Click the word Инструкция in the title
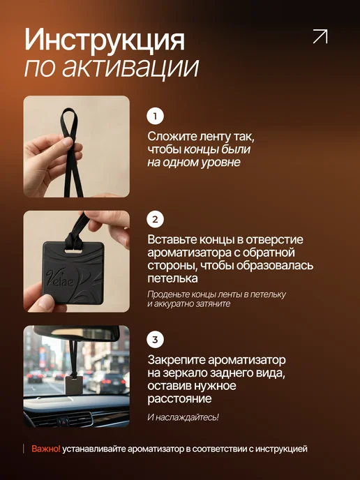(x=105, y=40)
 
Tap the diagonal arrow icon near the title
(x=320, y=36)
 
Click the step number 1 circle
(x=155, y=116)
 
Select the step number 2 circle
(x=155, y=219)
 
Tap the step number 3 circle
(x=155, y=340)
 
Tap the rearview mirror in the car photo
(x=77, y=333)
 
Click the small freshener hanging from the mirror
(x=74, y=385)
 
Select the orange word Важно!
(x=46, y=449)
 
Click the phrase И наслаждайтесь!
(x=183, y=417)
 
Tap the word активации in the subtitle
(x=130, y=67)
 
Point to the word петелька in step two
(x=172, y=278)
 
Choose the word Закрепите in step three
(x=177, y=360)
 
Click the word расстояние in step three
(x=179, y=399)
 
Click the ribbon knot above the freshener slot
(x=73, y=240)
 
